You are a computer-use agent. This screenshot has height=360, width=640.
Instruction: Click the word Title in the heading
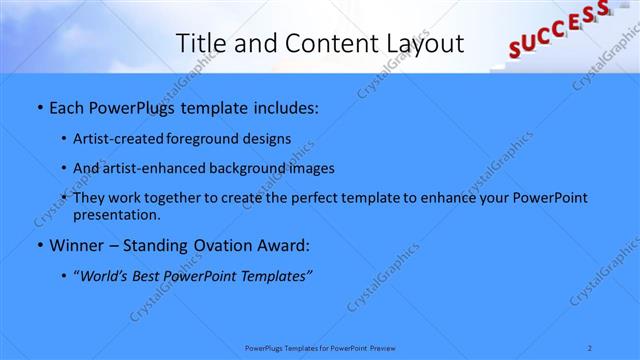(199, 43)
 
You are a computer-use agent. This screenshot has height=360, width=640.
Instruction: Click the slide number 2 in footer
(590, 347)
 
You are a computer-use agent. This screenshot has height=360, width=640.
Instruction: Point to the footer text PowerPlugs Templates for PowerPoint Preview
(319, 347)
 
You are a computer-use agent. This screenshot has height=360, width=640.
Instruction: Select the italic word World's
(103, 275)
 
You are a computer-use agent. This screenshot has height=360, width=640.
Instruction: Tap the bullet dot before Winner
(39, 245)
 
